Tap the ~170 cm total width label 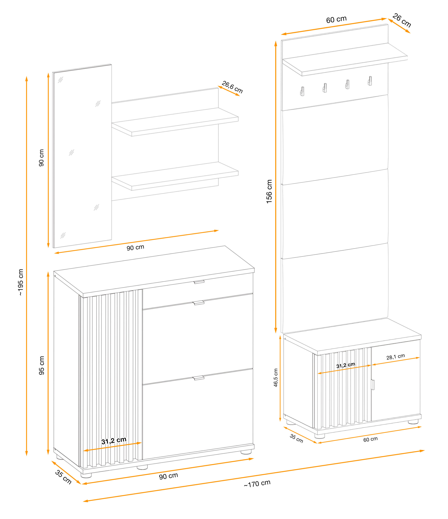tap(257, 484)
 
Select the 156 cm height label tap(269, 191)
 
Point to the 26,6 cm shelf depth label tap(232, 87)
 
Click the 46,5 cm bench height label tap(276, 377)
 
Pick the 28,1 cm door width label tap(395, 357)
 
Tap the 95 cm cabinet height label tap(42, 366)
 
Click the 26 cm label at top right tap(402, 20)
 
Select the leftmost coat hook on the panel tap(302, 91)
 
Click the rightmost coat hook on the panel tap(370, 81)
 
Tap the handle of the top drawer tap(199, 282)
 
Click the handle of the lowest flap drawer tap(199, 378)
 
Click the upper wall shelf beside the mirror tap(175, 122)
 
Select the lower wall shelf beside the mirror tap(175, 176)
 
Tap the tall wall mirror tap(82, 156)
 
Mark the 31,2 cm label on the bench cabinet tap(346, 365)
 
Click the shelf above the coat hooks tap(345, 59)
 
